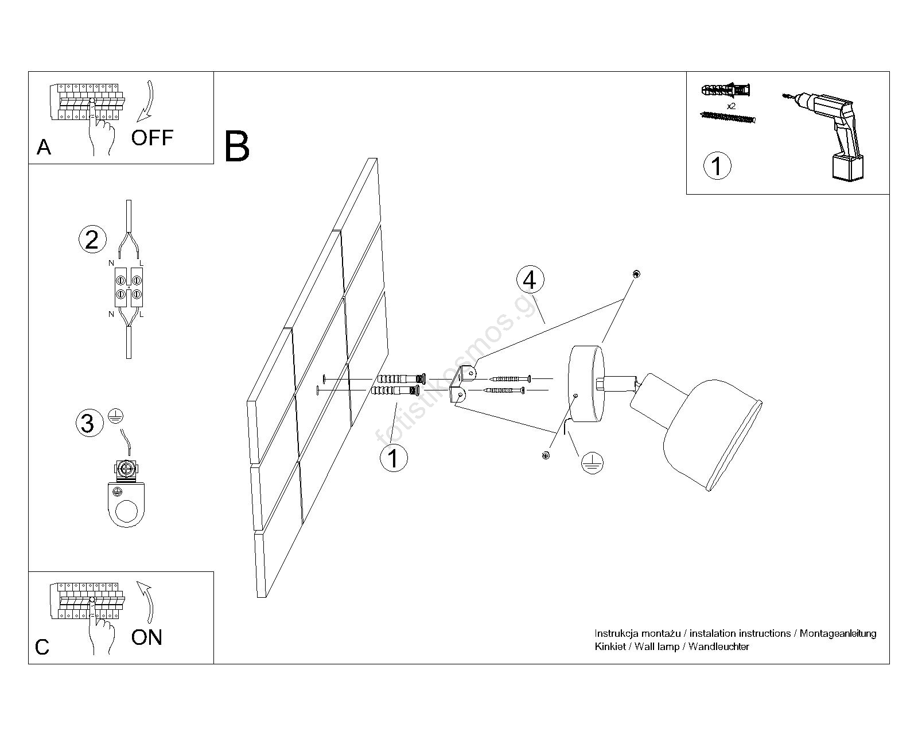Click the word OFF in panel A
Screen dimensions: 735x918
152,138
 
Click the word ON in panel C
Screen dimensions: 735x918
147,637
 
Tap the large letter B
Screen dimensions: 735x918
237,147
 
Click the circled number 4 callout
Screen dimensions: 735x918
530,280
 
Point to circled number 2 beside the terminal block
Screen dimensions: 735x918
92,239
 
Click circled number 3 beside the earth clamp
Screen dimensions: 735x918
88,423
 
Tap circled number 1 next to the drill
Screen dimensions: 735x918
717,165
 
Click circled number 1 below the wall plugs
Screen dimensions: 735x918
394,458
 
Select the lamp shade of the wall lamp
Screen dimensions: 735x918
711,431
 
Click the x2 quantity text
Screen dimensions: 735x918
731,106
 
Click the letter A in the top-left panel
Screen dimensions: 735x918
44,148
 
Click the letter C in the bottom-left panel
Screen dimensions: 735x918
42,647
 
